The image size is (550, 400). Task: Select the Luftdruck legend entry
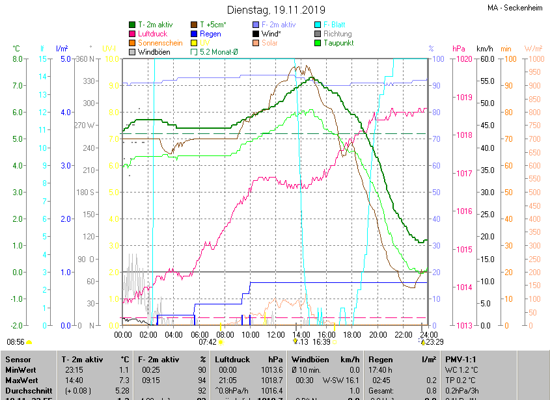click(153, 33)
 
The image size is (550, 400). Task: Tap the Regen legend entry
click(210, 33)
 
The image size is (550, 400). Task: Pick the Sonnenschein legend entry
click(160, 42)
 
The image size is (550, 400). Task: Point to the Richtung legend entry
click(337, 33)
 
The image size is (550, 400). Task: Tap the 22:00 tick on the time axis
click(403, 334)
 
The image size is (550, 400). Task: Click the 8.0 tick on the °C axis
click(18, 59)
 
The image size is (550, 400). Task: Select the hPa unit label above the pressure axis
click(458, 49)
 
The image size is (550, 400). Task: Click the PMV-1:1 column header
click(460, 359)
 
